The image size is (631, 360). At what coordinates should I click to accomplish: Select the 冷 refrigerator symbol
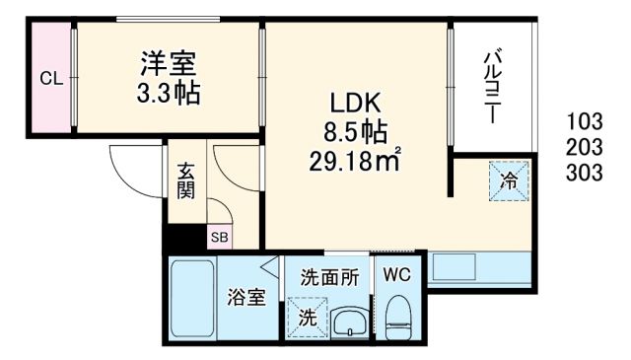(510, 181)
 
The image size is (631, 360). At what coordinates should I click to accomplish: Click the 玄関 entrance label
(185, 182)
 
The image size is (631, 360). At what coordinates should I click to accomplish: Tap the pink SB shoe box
(218, 237)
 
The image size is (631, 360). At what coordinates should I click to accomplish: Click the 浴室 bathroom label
(246, 297)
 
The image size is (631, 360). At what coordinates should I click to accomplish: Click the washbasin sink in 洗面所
(348, 322)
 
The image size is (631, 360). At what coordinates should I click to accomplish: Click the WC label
(398, 273)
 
